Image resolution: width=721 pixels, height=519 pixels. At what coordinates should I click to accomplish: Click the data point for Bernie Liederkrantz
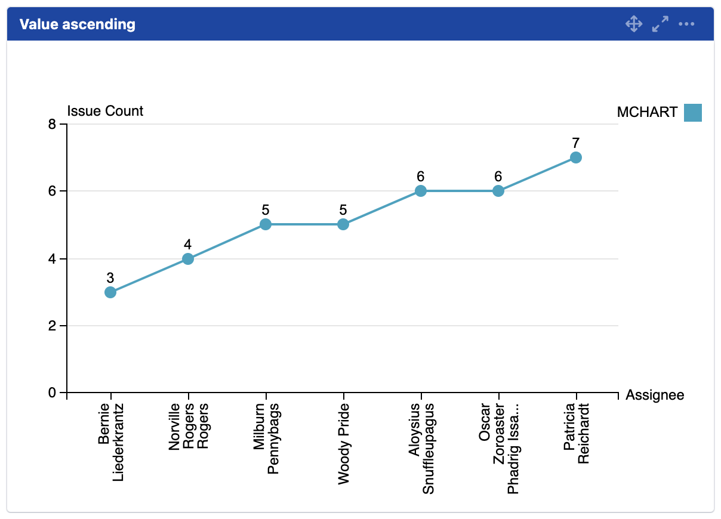110,292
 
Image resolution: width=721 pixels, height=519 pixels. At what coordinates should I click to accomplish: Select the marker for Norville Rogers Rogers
188,259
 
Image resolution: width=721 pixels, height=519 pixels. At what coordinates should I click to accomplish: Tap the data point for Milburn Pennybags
266,224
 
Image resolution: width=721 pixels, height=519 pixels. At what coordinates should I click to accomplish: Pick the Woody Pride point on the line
343,224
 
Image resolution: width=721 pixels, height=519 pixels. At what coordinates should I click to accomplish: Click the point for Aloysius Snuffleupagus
421,191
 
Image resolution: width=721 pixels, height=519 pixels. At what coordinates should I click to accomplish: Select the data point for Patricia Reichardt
576,157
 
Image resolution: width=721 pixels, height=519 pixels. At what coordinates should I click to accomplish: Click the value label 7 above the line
576,143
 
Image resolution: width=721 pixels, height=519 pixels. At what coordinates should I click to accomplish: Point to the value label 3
110,277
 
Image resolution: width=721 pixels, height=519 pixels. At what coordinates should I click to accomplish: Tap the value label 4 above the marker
188,244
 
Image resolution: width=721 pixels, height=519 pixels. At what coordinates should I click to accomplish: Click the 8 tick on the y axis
52,125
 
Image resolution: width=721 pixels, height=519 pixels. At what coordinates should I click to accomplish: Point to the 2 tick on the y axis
52,326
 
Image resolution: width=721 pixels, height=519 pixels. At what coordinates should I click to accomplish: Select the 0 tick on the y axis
52,393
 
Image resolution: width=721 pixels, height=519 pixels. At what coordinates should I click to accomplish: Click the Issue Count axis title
105,111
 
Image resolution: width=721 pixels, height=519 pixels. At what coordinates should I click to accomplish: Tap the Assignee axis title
655,396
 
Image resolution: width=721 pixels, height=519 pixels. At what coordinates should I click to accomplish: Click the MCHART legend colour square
693,112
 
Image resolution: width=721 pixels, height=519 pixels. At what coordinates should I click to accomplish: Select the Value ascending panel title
78,24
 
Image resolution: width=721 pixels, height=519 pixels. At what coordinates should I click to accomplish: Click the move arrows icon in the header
633,24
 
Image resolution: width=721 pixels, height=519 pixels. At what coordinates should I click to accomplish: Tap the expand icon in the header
660,24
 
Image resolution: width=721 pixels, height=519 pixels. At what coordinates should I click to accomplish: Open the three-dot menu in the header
687,24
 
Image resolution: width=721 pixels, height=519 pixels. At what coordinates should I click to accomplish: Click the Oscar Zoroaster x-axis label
499,447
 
